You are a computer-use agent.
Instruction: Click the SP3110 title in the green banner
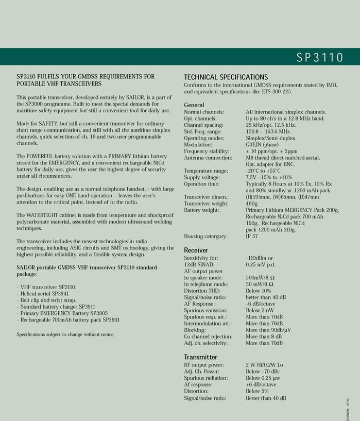click(319, 58)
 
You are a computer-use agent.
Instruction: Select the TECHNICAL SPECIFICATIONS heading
click(226, 77)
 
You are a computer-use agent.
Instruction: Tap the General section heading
click(194, 105)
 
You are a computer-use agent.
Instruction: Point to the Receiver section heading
click(196, 250)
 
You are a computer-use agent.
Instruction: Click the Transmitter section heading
click(200, 357)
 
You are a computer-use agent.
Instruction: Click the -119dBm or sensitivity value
click(259, 258)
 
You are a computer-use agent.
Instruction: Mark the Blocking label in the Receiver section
click(195, 330)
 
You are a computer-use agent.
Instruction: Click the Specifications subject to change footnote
click(65, 334)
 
